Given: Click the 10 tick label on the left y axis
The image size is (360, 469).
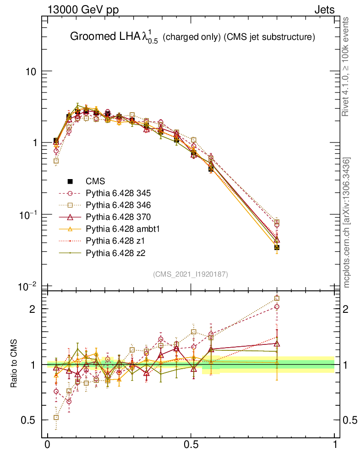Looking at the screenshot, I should (x=32, y=71).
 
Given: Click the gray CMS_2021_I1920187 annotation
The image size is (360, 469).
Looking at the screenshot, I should (x=191, y=274).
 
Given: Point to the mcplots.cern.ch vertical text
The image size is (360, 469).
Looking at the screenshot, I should (x=347, y=223).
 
